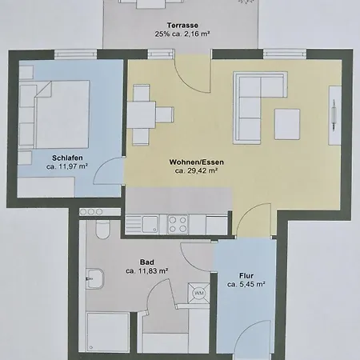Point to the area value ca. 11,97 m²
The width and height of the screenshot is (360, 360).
[66, 166]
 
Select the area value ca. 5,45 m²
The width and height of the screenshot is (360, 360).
[246, 283]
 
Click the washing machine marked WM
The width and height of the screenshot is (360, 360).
[197, 294]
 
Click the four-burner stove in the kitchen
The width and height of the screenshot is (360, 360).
[176, 222]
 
